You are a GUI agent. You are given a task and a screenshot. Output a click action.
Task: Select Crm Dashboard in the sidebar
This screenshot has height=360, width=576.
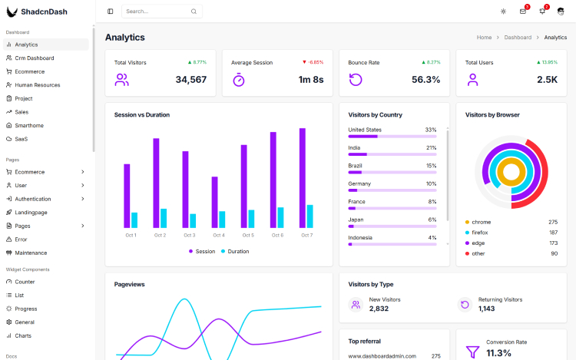point(35,58)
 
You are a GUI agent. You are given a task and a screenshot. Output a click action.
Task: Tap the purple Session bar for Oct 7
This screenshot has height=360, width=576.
point(303,178)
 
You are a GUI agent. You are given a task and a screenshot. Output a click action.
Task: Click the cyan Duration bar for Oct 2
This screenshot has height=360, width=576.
point(164,218)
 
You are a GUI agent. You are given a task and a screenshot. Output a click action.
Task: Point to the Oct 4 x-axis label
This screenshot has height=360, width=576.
point(219,235)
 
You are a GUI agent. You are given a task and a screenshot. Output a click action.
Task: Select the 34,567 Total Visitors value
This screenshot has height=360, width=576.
point(190,80)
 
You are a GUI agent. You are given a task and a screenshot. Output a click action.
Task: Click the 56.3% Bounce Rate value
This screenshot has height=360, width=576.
point(425,80)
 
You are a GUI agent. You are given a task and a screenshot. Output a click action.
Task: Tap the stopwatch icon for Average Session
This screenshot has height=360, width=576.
point(238,80)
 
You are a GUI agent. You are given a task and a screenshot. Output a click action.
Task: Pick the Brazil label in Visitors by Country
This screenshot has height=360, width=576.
point(355,166)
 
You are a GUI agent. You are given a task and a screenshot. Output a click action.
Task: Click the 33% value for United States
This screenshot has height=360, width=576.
point(431,130)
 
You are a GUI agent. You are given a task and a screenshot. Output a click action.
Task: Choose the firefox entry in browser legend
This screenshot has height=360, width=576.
point(480,232)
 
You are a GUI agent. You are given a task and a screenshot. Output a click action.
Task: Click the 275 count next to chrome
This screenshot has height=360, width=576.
point(553,222)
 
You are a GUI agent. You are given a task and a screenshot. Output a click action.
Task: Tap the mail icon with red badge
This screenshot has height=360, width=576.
point(523,12)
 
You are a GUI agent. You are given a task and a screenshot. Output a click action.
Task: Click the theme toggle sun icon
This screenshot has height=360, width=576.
point(503,12)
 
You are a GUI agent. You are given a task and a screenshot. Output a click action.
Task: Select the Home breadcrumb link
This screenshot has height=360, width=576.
point(484,38)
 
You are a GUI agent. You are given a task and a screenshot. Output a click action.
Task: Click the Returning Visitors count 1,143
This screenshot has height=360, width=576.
point(487,309)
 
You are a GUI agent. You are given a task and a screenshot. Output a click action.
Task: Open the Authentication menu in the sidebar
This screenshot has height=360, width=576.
point(33,199)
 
